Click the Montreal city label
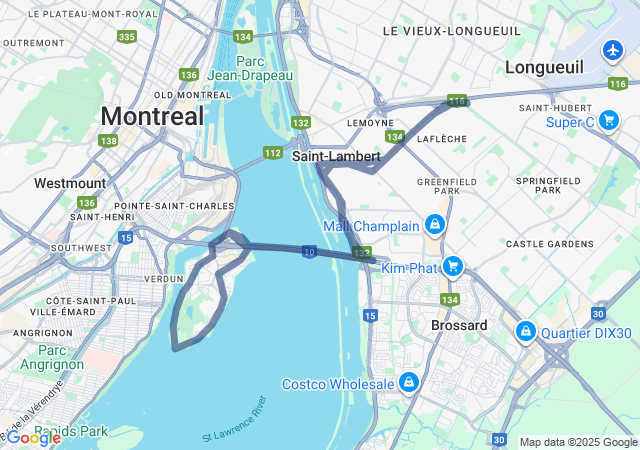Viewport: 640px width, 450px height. pyautogui.click(x=152, y=115)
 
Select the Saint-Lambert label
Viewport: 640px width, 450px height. pyautogui.click(x=336, y=157)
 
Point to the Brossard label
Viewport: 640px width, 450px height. pyautogui.click(x=459, y=325)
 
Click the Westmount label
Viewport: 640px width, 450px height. pyautogui.click(x=69, y=183)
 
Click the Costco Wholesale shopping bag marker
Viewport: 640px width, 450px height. pyautogui.click(x=409, y=383)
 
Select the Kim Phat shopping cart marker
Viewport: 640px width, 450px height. pyautogui.click(x=453, y=266)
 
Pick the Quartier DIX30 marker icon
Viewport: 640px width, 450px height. pyautogui.click(x=524, y=331)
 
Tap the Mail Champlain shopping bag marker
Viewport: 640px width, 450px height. pyautogui.click(x=434, y=225)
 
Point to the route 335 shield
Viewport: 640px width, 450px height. pyautogui.click(x=126, y=37)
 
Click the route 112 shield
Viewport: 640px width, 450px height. pyautogui.click(x=273, y=153)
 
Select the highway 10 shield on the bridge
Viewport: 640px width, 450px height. pyautogui.click(x=310, y=253)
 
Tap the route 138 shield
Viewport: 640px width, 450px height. pyautogui.click(x=108, y=141)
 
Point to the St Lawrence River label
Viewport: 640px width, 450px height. pyautogui.click(x=235, y=423)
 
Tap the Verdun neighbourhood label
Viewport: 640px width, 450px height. pyautogui.click(x=164, y=278)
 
